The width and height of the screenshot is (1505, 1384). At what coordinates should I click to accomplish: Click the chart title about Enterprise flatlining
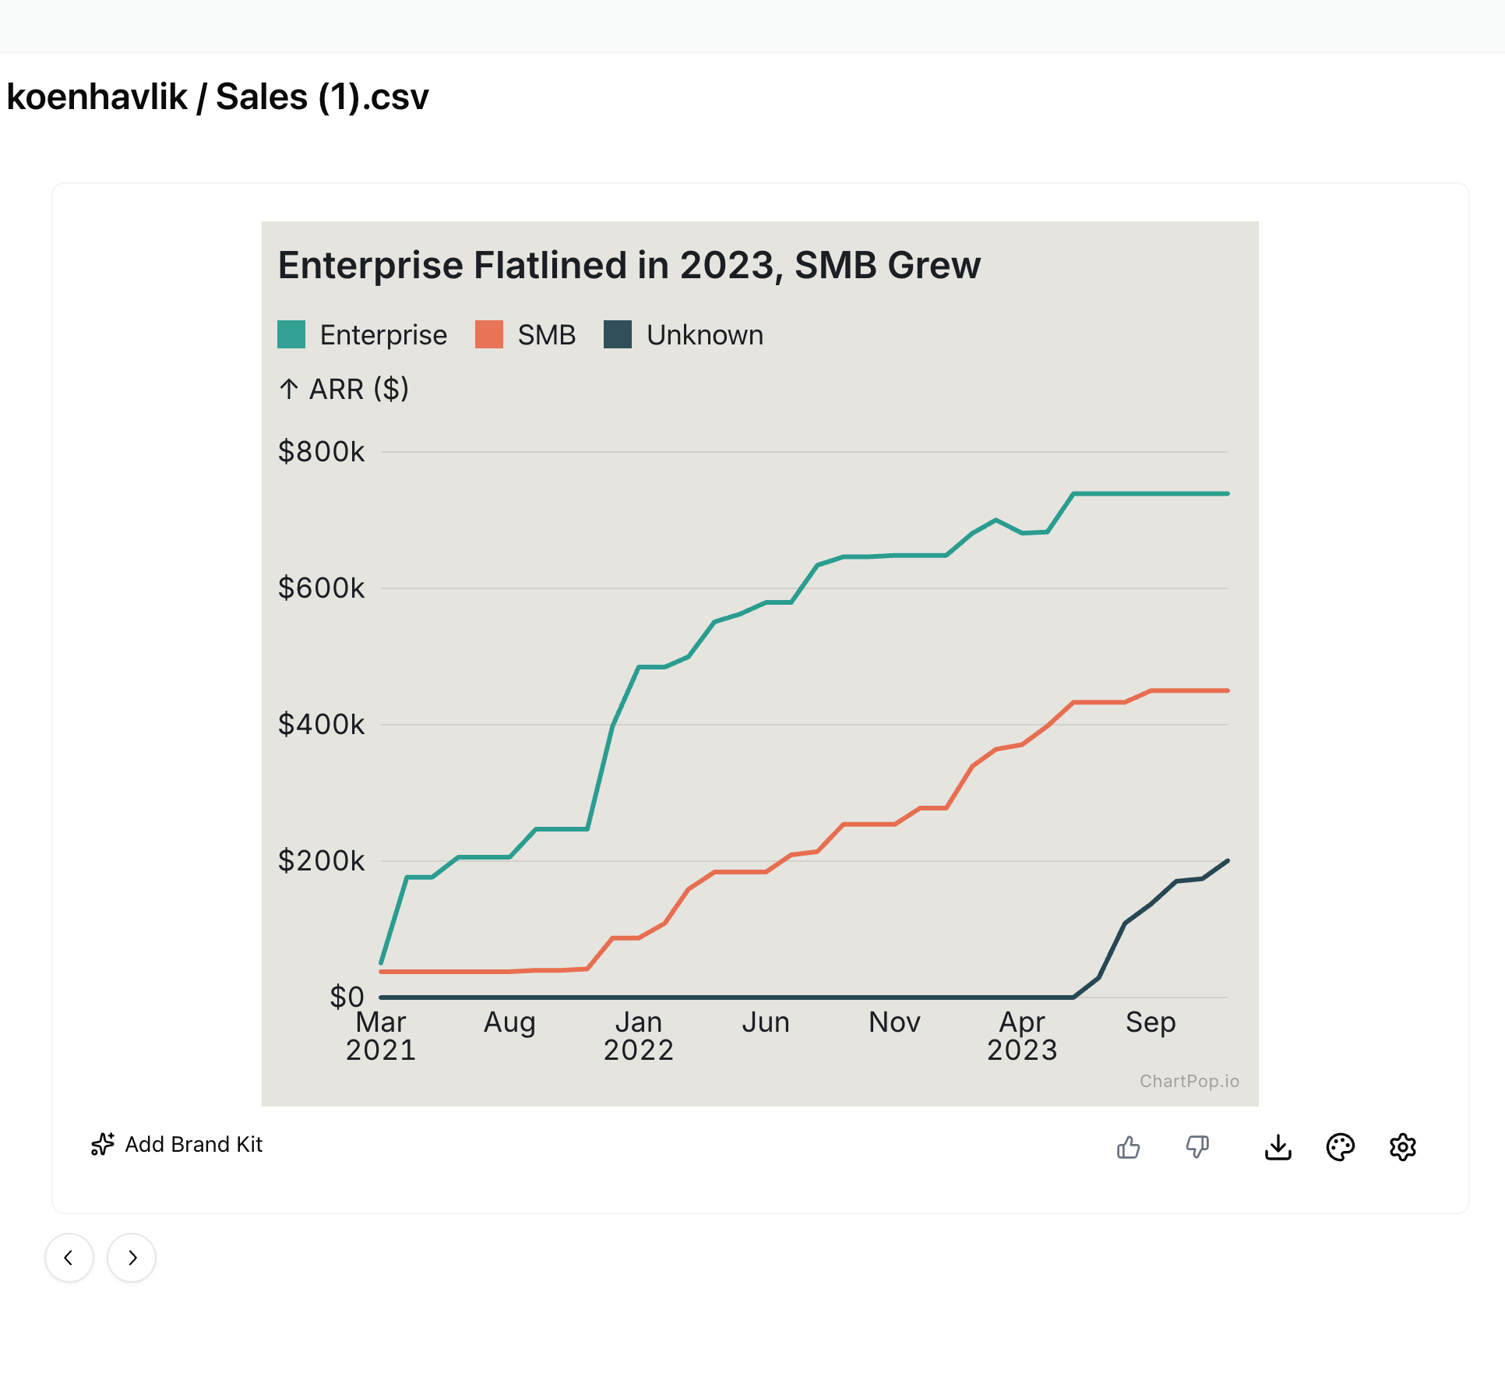pyautogui.click(x=629, y=266)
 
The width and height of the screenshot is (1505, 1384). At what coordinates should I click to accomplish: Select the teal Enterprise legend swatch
pyautogui.click(x=291, y=334)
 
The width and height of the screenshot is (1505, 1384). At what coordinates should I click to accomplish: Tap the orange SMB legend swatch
pyautogui.click(x=489, y=334)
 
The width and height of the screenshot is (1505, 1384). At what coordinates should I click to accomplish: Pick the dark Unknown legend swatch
pyautogui.click(x=618, y=334)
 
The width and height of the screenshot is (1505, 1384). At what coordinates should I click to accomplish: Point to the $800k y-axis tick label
pyautogui.click(x=321, y=452)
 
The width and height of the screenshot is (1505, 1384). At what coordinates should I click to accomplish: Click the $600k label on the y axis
pyautogui.click(x=321, y=588)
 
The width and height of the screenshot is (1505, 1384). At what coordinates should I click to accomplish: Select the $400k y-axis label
pyautogui.click(x=321, y=725)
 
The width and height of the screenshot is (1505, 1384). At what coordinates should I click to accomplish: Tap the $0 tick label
pyautogui.click(x=347, y=997)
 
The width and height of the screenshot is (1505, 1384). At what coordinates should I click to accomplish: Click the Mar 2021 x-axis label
pyautogui.click(x=381, y=1036)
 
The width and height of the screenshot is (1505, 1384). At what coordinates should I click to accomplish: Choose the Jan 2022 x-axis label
pyautogui.click(x=638, y=1036)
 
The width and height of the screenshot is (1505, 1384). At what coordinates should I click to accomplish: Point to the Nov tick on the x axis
pyautogui.click(x=894, y=1022)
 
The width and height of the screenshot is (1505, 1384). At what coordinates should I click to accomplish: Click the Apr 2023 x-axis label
pyautogui.click(x=1022, y=1036)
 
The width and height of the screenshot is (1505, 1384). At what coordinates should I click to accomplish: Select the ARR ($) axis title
pyautogui.click(x=344, y=389)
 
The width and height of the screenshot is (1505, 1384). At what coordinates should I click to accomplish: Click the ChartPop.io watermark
pyautogui.click(x=1189, y=1081)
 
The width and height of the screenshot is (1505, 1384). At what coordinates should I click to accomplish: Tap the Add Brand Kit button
pyautogui.click(x=177, y=1144)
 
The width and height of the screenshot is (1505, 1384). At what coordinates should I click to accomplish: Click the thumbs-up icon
pyautogui.click(x=1128, y=1147)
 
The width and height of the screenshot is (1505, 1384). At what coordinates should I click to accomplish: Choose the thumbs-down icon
pyautogui.click(x=1197, y=1147)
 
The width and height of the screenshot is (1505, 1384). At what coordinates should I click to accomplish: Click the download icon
pyautogui.click(x=1278, y=1147)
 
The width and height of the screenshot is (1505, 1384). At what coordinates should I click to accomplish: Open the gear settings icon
pyautogui.click(x=1402, y=1147)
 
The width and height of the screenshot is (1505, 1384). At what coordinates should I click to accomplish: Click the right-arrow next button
pyautogui.click(x=132, y=1258)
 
